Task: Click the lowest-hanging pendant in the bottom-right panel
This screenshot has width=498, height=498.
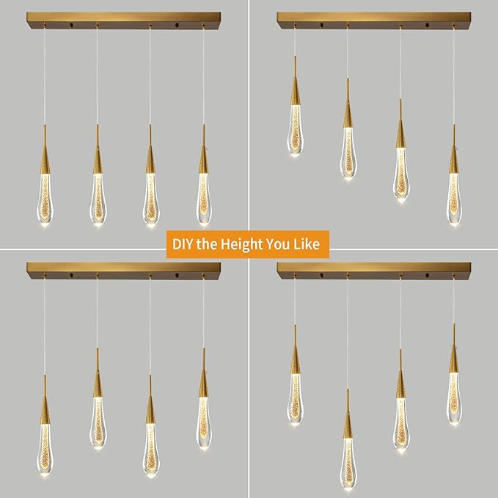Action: pyautogui.click(x=348, y=447)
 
